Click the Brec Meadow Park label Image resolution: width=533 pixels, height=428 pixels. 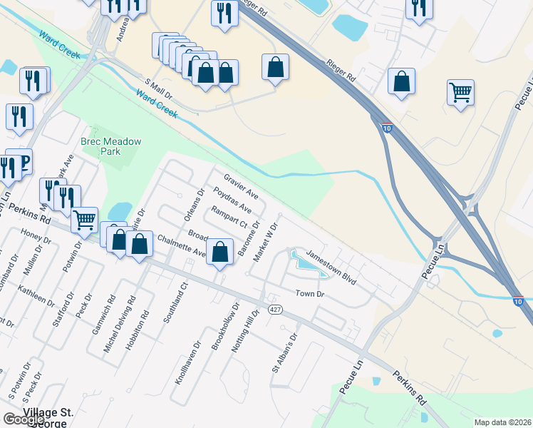[x=110, y=146]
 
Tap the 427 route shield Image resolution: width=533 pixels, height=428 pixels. [x=274, y=310]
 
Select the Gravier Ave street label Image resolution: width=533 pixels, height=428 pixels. [x=241, y=184]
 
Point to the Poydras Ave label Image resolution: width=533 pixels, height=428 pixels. [x=232, y=200]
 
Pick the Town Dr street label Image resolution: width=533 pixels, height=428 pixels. [x=310, y=294]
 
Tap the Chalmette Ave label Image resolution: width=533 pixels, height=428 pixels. [x=181, y=245]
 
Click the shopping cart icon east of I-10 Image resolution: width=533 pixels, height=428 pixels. [x=460, y=92]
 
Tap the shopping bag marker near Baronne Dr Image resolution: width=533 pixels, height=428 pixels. [x=220, y=251]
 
